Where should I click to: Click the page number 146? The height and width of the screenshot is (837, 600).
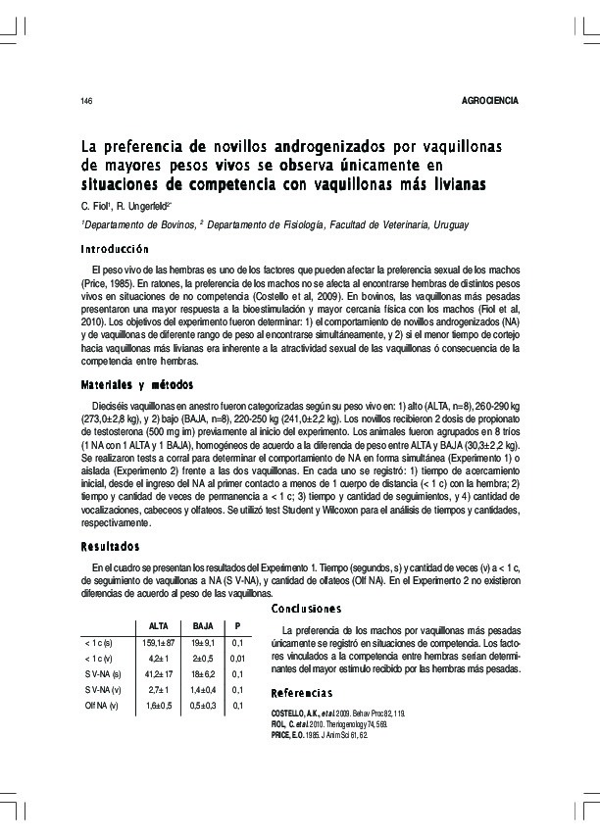[x=86, y=103]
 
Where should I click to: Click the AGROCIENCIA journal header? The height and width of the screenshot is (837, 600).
[x=489, y=102]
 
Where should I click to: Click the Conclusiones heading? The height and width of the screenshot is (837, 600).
[x=307, y=608]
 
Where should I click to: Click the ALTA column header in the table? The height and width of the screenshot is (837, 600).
[x=157, y=625]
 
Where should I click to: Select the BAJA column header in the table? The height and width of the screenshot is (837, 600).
[x=203, y=625]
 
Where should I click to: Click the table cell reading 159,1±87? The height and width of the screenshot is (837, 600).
[x=157, y=643]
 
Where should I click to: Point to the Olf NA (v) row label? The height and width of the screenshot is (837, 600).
[x=102, y=706]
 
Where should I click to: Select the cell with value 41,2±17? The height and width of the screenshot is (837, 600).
[x=157, y=674]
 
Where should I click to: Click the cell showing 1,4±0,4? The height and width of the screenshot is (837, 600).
[x=203, y=690]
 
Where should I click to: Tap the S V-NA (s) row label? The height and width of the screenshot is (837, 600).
[x=103, y=674]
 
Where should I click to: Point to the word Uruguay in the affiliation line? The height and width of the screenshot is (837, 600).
[x=448, y=224]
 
